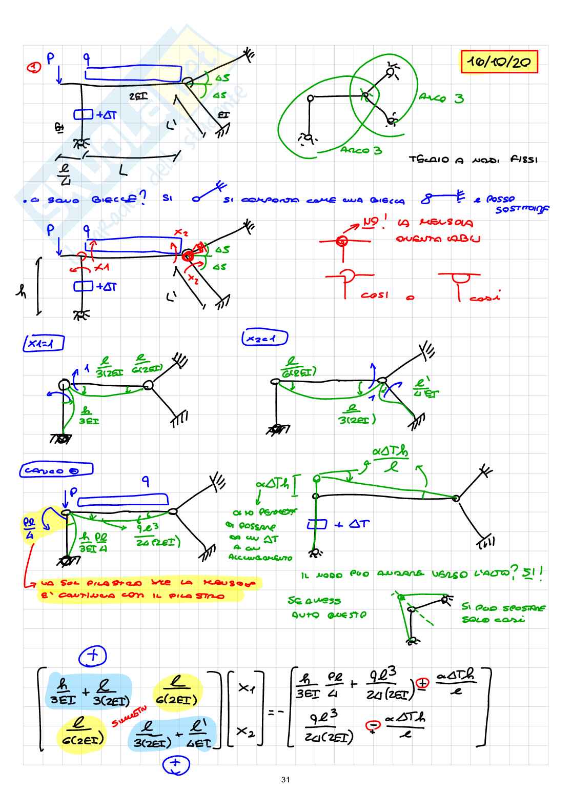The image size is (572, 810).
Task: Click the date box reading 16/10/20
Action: [x=499, y=62]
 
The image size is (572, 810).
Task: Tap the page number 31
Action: [x=285, y=780]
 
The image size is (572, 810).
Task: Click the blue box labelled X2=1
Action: [x=264, y=338]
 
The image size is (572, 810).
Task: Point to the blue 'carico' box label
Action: [x=57, y=470]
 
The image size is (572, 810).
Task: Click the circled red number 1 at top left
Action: [x=34, y=67]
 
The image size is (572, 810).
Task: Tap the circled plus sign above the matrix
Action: [x=92, y=656]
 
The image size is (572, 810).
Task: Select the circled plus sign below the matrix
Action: [x=176, y=765]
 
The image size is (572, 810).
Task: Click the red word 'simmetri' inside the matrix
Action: [x=130, y=716]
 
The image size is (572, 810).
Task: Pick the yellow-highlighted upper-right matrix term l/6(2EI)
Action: [x=177, y=690]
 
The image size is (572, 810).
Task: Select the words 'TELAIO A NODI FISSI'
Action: [x=473, y=160]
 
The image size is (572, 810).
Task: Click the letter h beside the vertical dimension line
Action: [x=22, y=291]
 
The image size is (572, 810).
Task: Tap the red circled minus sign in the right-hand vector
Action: [x=372, y=725]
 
